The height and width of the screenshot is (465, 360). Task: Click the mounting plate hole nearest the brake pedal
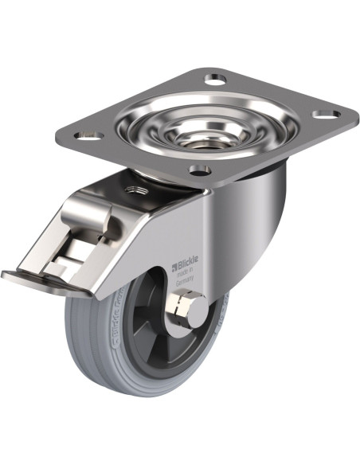(x=90, y=136)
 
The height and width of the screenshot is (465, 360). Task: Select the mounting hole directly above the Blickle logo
(x=199, y=169)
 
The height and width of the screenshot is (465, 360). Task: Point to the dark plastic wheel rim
(x=143, y=318)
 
